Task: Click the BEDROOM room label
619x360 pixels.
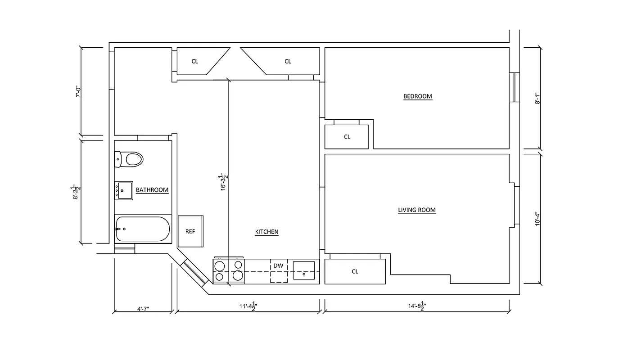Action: tap(417, 96)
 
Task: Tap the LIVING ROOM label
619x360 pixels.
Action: tap(416, 210)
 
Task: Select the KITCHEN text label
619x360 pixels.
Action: tap(267, 232)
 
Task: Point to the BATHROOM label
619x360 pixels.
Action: tap(152, 190)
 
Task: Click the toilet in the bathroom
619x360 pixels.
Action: tap(129, 158)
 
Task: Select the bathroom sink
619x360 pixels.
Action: tap(123, 190)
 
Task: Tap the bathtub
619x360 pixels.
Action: tap(142, 229)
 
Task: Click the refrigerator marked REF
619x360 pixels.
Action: tap(190, 231)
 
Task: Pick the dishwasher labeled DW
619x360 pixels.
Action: tap(279, 270)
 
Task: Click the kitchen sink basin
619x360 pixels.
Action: tap(304, 270)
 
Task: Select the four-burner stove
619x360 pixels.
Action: tap(229, 271)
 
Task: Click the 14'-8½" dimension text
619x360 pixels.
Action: tap(416, 306)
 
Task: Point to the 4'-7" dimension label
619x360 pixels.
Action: tap(143, 309)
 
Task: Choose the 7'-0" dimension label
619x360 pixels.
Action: tap(78, 92)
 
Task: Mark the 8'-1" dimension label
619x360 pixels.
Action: tap(538, 99)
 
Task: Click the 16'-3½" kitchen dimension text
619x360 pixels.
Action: tap(222, 182)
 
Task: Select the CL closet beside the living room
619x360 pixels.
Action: tap(355, 271)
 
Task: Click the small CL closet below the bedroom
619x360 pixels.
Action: tap(347, 137)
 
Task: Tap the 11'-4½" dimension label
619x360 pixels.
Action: tap(248, 306)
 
